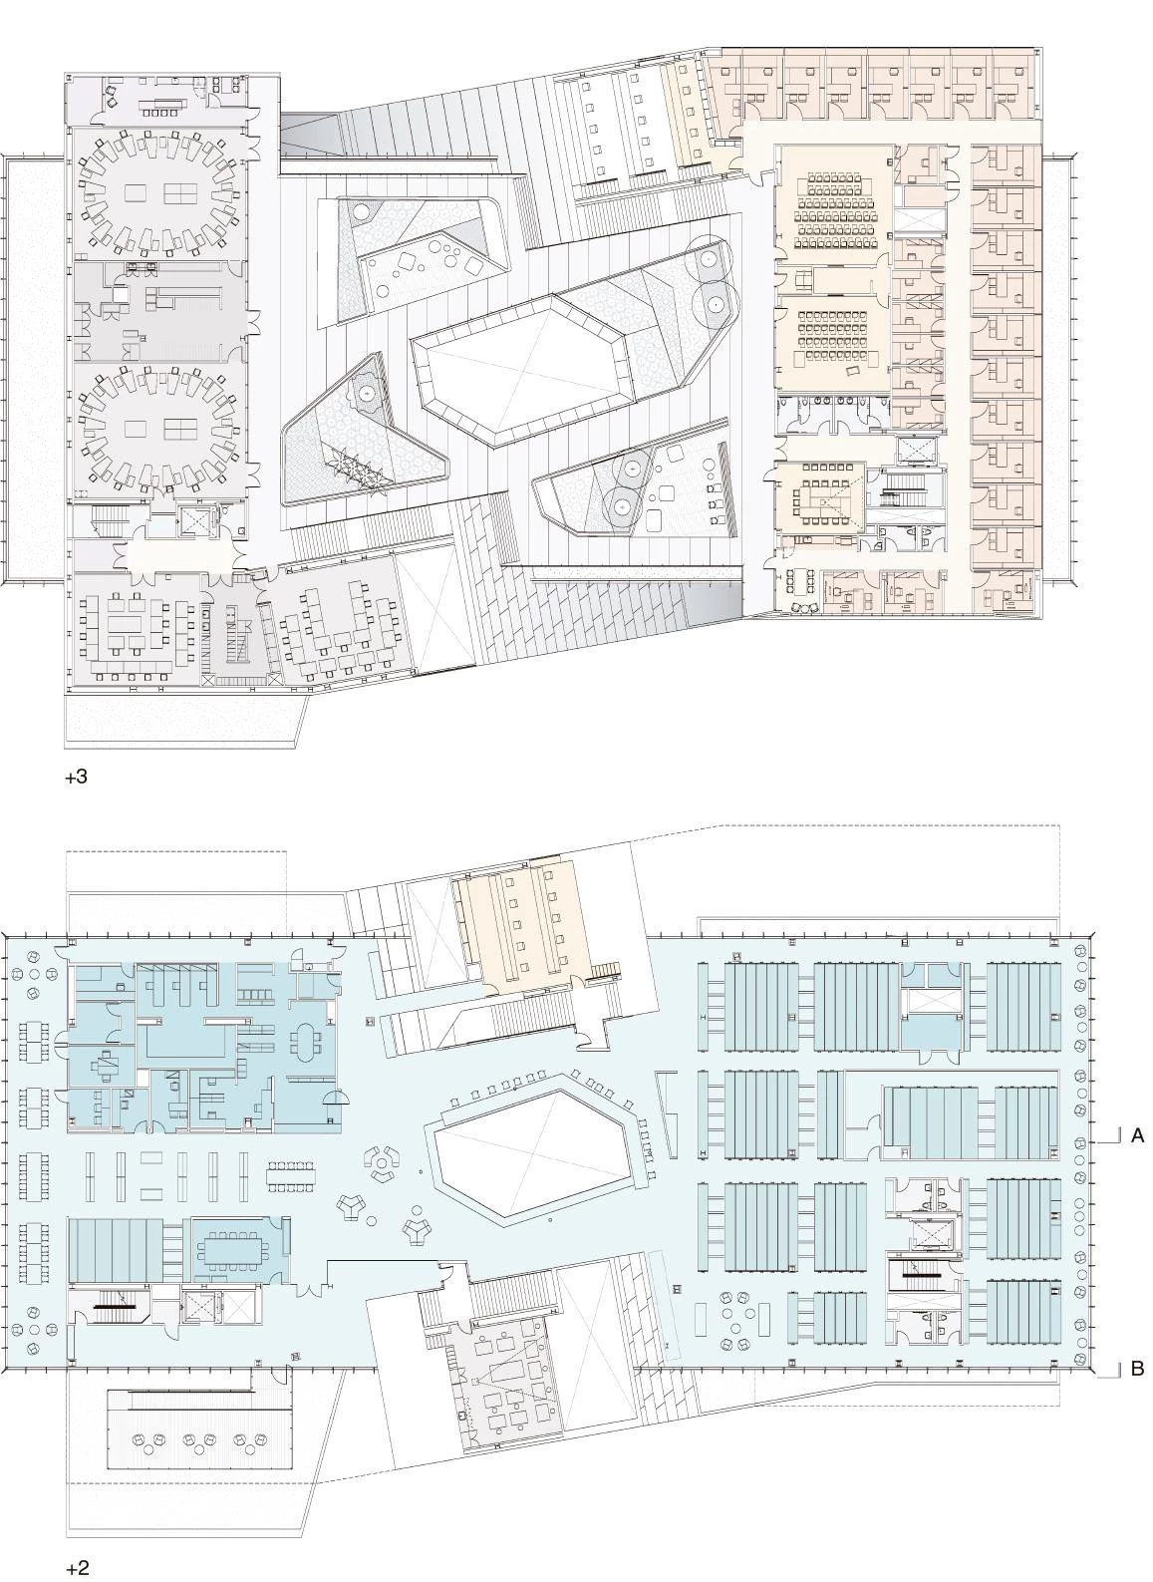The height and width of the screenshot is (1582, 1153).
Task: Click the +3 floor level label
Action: coord(77,778)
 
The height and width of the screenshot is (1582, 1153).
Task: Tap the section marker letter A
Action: coord(1137,1135)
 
